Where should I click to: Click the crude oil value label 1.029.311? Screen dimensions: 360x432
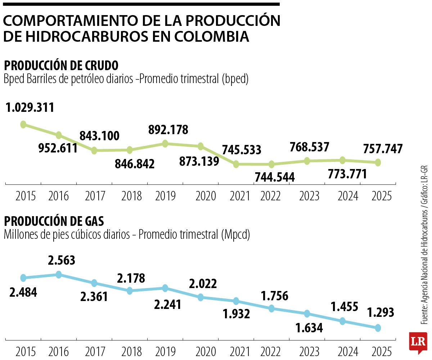30,108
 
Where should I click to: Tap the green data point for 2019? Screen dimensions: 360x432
165,143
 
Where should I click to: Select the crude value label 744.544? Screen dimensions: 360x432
274,177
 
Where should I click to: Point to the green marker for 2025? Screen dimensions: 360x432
378,163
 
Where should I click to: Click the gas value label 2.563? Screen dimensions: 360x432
62,260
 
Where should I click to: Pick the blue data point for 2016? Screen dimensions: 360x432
59,274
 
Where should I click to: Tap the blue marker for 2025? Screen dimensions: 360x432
378,328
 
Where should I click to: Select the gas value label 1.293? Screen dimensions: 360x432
380,312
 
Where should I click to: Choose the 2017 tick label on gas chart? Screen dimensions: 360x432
95,351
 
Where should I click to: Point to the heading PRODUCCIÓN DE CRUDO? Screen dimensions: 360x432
61,66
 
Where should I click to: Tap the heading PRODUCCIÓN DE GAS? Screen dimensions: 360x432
54,221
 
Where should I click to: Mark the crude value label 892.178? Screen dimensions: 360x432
168,130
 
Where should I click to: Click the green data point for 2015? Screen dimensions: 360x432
23,124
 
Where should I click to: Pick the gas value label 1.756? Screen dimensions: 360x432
274,296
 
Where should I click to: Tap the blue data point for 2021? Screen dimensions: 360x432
236,301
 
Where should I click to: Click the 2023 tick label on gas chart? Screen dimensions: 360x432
309,351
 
